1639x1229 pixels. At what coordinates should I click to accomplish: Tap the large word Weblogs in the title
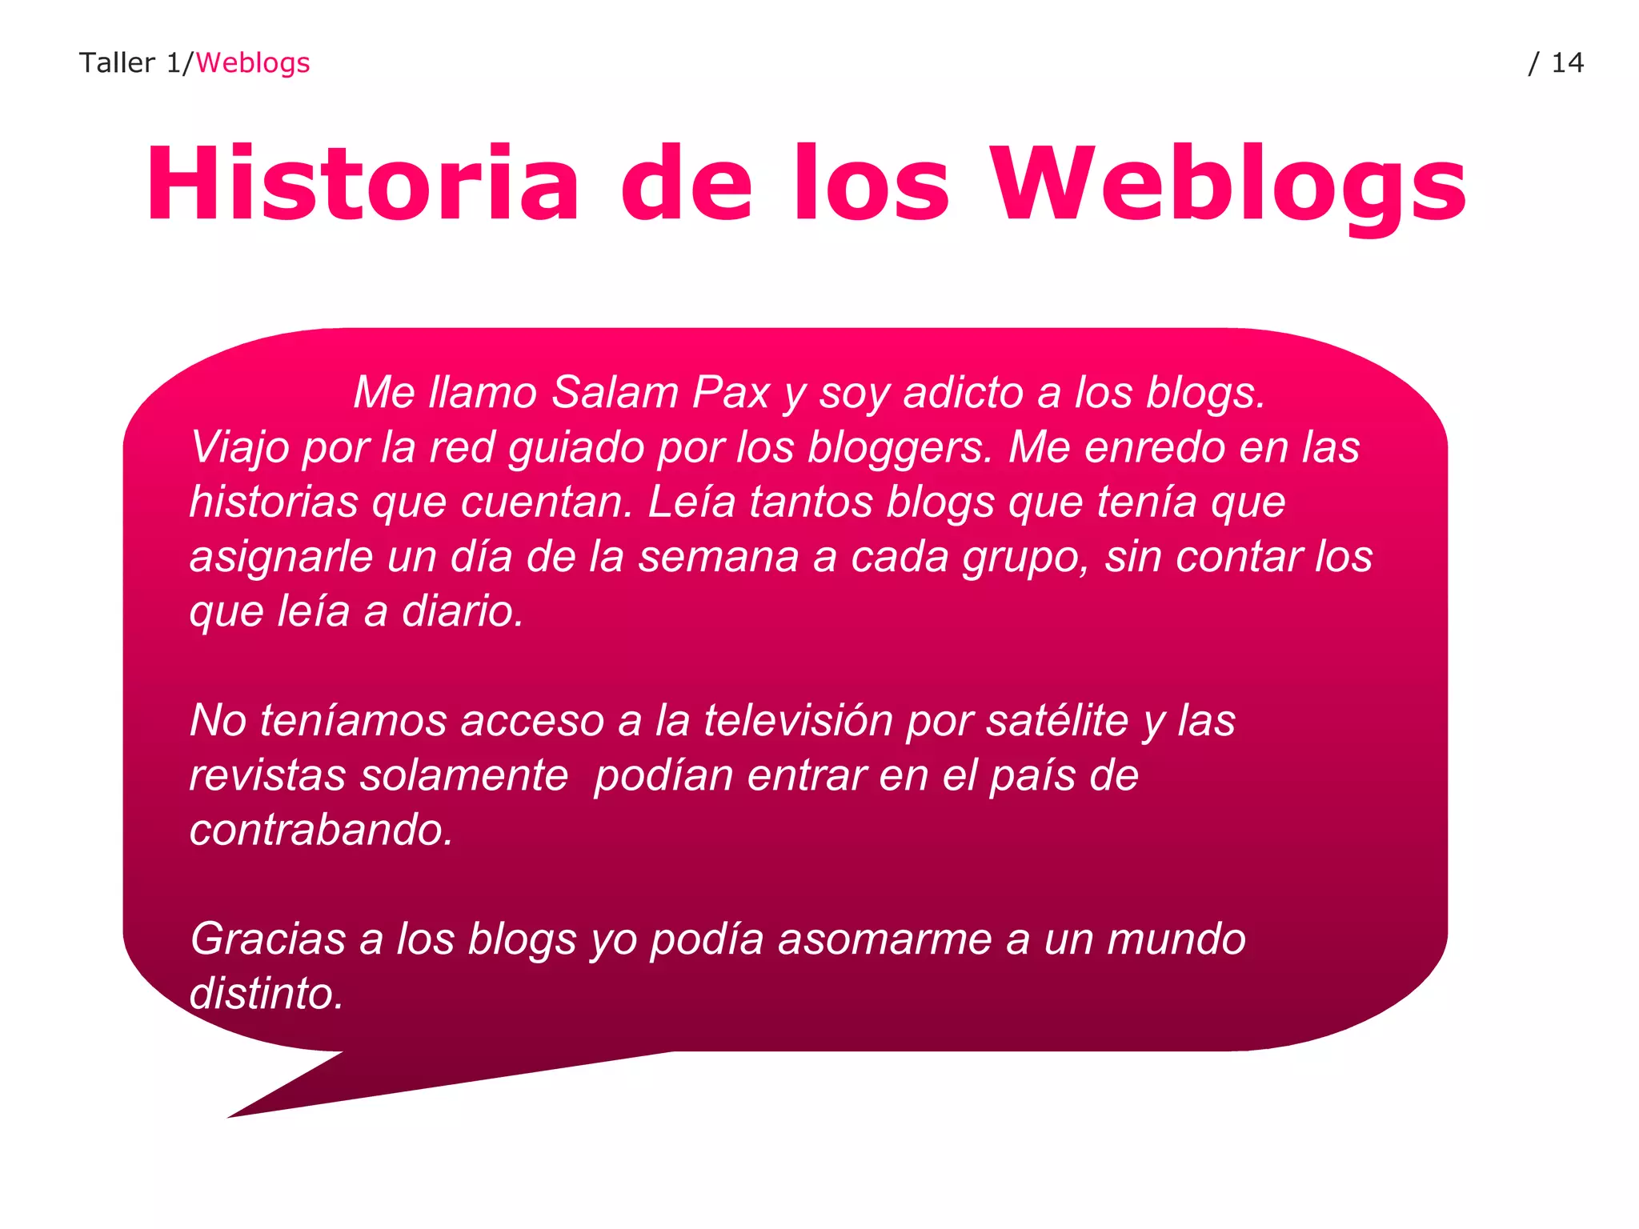1229,186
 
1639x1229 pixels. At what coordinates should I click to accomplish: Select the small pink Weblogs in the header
252,62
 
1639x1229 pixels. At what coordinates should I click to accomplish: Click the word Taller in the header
117,62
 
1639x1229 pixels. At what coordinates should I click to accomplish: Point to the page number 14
1567,62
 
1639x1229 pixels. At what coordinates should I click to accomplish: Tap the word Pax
730,393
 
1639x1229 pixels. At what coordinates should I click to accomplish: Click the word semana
718,557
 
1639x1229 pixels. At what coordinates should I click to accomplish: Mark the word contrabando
321,830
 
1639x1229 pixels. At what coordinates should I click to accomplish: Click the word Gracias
267,939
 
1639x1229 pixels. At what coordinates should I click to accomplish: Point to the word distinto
266,994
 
